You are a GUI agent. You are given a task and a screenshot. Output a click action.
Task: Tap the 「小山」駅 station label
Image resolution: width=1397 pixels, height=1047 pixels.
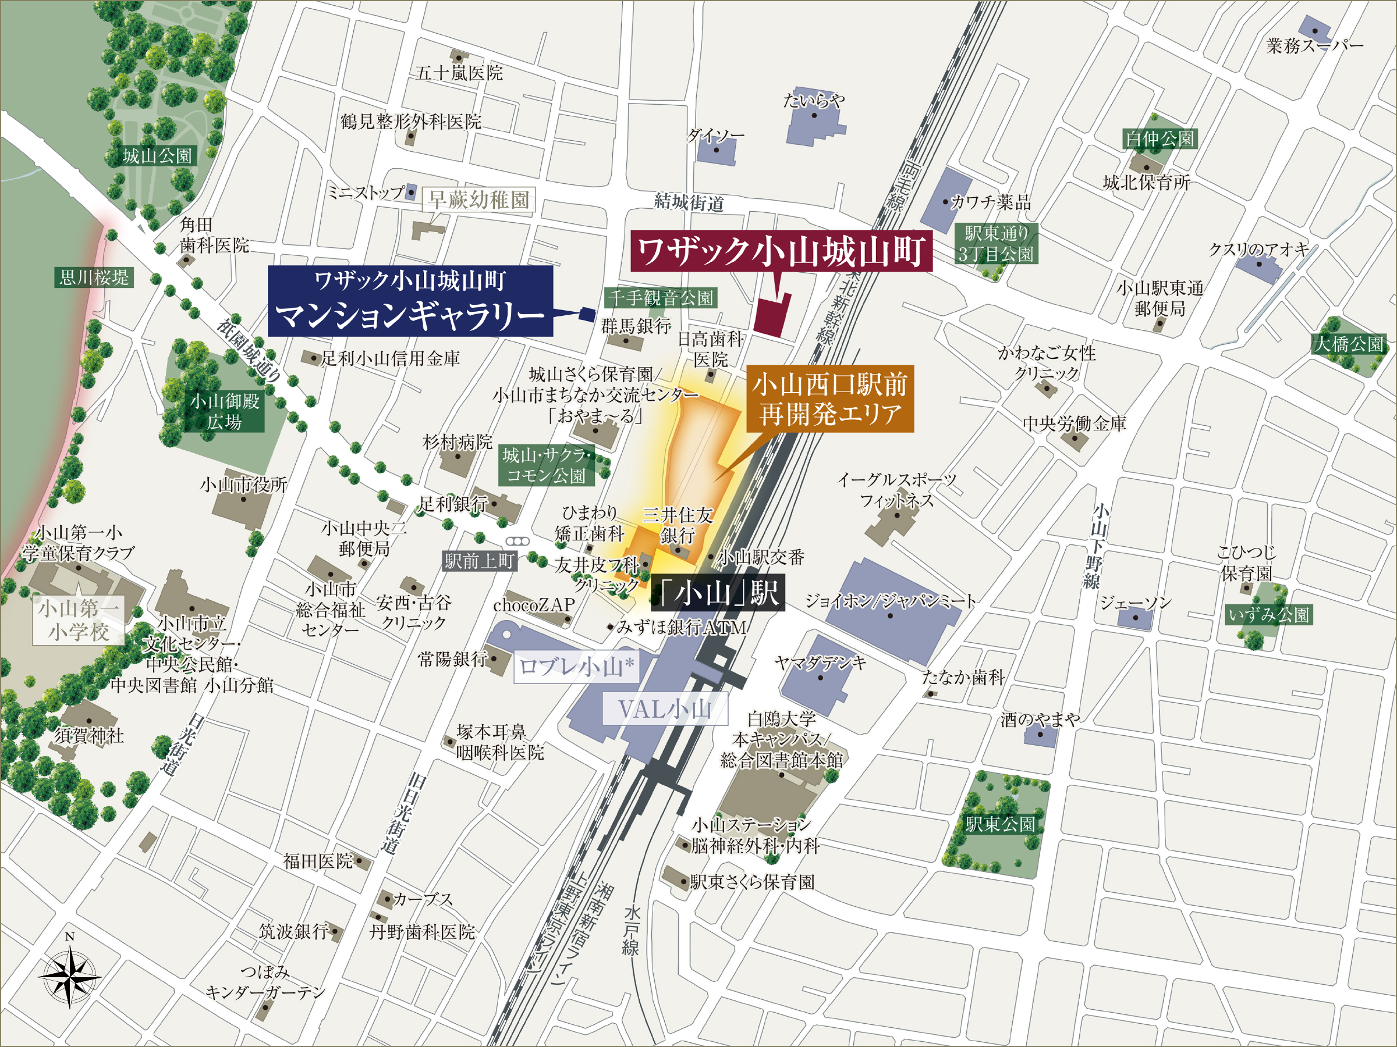[718, 593]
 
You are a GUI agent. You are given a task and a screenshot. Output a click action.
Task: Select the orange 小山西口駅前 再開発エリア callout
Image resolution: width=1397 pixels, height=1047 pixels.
[829, 399]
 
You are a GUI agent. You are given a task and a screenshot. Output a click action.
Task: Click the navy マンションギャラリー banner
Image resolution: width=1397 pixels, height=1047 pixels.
[410, 301]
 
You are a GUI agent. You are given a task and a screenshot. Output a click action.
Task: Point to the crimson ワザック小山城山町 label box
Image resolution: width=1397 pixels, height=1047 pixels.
[781, 251]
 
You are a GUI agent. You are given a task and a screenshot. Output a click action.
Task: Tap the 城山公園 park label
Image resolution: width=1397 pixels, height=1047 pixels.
[157, 156]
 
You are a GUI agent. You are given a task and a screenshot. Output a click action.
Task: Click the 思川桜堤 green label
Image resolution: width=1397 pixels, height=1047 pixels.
[94, 277]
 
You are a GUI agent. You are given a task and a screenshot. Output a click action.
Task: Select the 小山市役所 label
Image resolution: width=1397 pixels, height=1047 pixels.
[244, 485]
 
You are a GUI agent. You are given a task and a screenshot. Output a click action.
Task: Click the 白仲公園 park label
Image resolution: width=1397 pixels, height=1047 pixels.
[1160, 139]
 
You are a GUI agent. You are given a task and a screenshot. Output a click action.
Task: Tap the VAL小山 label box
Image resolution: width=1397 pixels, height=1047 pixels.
[664, 710]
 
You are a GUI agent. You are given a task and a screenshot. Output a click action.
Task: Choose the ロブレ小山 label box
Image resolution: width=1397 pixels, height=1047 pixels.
[576, 667]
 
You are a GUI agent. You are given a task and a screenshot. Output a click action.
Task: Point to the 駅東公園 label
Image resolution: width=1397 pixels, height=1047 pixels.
[1001, 824]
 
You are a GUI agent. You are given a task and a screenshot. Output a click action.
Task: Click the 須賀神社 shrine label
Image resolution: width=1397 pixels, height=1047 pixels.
[89, 735]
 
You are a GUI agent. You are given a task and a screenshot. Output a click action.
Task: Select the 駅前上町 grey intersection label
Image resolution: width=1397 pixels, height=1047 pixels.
[480, 560]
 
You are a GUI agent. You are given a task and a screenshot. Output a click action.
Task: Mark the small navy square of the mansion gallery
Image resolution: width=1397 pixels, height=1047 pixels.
[587, 313]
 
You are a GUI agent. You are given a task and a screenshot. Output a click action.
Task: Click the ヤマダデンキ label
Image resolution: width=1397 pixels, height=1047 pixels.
[820, 663]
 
